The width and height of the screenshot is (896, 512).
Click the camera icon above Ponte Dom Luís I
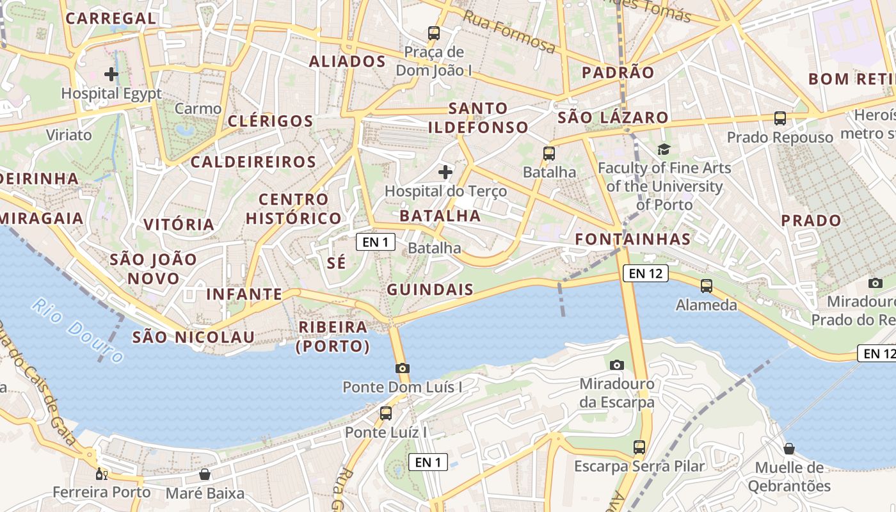[402, 368]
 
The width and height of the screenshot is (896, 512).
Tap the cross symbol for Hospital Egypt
[111, 74]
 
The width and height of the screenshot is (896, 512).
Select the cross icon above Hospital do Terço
[445, 172]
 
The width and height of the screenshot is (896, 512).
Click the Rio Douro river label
[78, 330]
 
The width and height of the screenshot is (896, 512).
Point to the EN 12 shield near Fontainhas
[646, 274]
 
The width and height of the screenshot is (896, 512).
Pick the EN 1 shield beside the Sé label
[375, 242]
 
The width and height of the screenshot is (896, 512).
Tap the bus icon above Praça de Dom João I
[434, 33]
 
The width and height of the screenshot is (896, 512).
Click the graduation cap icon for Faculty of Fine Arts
[664, 149]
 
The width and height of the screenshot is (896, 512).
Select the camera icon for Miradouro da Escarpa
[617, 365]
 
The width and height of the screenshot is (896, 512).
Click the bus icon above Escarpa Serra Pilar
[639, 447]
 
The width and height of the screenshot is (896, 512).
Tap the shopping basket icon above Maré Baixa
[205, 474]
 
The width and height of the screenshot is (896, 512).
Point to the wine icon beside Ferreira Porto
[100, 474]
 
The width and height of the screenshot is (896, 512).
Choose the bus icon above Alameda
[707, 285]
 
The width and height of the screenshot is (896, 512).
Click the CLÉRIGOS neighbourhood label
[270, 121]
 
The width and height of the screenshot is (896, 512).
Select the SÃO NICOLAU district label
[193, 337]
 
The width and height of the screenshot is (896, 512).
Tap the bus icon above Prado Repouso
[780, 118]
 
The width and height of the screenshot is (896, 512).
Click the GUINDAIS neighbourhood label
[430, 289]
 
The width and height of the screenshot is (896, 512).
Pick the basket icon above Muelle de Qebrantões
[789, 449]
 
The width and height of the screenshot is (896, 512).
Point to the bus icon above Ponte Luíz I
[385, 413]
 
